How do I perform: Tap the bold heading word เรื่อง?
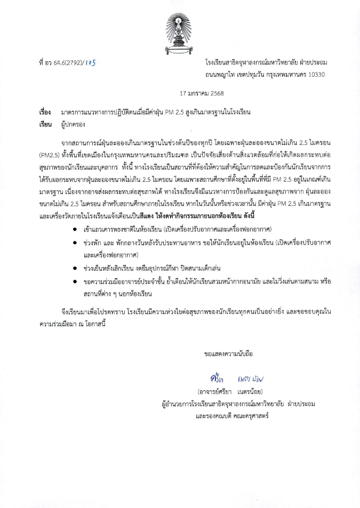click(x=45, y=112)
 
